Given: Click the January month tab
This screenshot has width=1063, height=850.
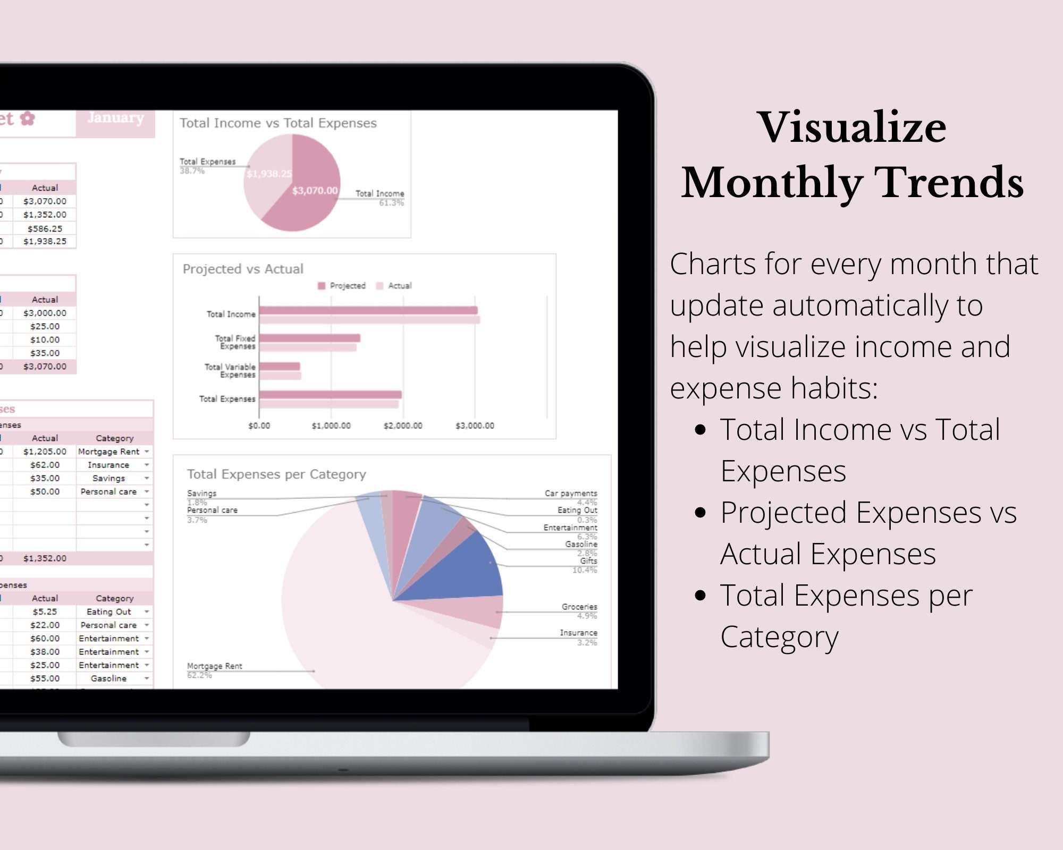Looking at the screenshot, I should point(115,118).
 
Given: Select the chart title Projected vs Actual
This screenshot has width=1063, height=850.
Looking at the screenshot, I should point(243,269).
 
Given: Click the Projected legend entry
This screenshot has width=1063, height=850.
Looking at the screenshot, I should point(342,286).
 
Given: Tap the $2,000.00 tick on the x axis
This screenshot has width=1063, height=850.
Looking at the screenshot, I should point(403,426).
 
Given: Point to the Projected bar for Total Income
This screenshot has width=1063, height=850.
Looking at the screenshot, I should point(368,310).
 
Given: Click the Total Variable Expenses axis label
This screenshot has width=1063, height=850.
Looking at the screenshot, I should point(230,371).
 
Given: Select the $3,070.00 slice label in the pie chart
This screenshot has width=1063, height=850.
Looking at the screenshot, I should point(315,190).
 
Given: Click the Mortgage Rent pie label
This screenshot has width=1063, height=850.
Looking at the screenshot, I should point(215,666).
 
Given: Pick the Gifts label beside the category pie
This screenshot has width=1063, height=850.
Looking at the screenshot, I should point(588,561).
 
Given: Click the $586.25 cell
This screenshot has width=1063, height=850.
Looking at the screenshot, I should point(45,228).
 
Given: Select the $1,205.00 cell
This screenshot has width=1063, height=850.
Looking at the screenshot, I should point(45,452).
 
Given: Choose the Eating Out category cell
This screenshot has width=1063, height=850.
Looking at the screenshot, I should point(109,612).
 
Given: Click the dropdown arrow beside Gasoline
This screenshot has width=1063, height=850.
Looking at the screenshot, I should point(147,678).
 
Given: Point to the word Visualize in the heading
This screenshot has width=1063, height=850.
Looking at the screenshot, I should point(852,127).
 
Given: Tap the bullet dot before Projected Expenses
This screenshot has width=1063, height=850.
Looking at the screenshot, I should point(701,513).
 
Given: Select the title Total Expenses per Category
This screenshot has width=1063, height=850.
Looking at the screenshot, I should point(276,474).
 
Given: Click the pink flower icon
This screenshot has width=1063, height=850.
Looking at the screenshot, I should point(28,118).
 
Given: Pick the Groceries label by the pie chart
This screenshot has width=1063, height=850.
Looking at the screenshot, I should point(579,607).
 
